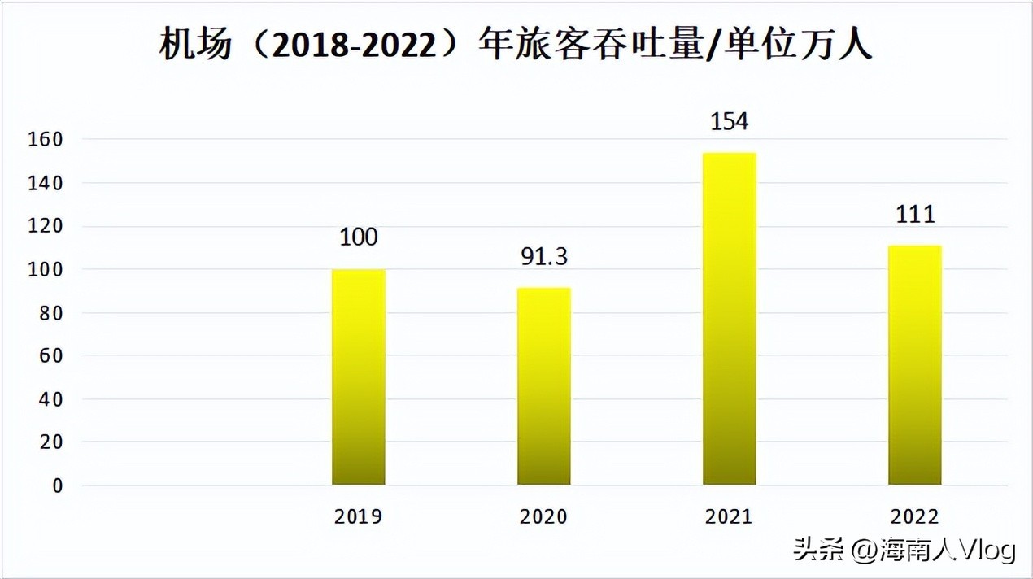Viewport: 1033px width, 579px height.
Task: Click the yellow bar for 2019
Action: pyautogui.click(x=359, y=377)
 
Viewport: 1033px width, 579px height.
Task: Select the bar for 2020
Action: pyautogui.click(x=544, y=386)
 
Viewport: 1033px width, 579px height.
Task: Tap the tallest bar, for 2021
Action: pyautogui.click(x=730, y=319)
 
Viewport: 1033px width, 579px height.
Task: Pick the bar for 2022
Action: pyautogui.click(x=914, y=365)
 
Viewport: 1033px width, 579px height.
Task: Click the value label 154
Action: pyautogui.click(x=729, y=122)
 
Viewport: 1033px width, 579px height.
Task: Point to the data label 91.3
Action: pyautogui.click(x=544, y=257)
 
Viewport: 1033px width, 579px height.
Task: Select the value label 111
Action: pyautogui.click(x=914, y=215)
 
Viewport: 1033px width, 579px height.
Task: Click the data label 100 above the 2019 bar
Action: pyautogui.click(x=359, y=237)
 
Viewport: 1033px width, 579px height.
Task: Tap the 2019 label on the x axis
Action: pyautogui.click(x=359, y=517)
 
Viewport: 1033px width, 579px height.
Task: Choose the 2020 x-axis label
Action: pyautogui.click(x=544, y=517)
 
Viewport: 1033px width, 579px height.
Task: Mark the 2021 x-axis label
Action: pyautogui.click(x=730, y=517)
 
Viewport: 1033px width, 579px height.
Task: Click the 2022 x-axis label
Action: pyautogui.click(x=914, y=517)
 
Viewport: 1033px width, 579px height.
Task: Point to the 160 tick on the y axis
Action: pyautogui.click(x=46, y=140)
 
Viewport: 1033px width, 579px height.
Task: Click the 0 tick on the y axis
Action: pyautogui.click(x=57, y=485)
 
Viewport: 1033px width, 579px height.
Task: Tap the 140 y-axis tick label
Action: pyautogui.click(x=46, y=184)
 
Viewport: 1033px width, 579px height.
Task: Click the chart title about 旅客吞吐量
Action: pyautogui.click(x=516, y=46)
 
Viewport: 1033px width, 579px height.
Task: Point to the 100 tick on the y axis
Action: pyautogui.click(x=46, y=270)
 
